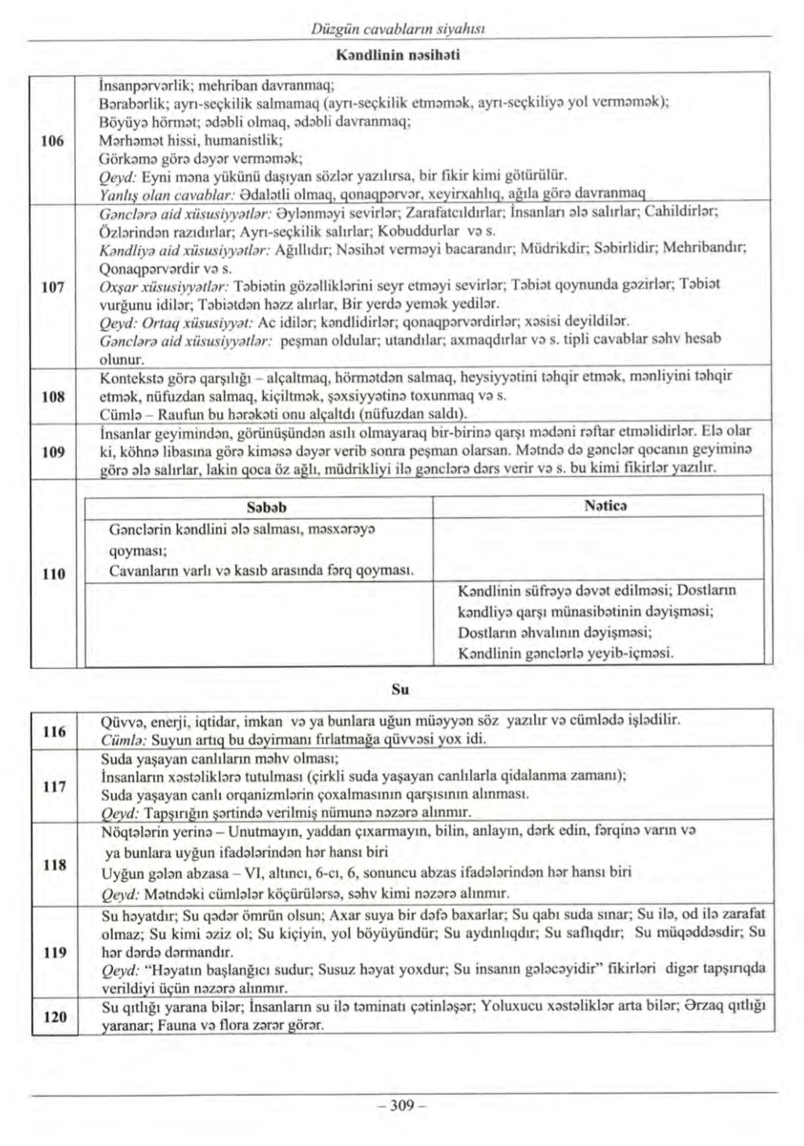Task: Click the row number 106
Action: coord(53,141)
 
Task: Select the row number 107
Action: coord(53,287)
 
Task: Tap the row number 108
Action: coord(53,396)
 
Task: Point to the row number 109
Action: coord(53,452)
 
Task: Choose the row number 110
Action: coord(53,574)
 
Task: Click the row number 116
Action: coord(54,732)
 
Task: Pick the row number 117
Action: coord(54,786)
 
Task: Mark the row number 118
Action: coord(54,865)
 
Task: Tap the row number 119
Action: coord(54,953)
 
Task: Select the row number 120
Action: coord(54,1017)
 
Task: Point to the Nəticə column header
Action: coord(605,506)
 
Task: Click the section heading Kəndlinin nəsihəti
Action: coord(397,55)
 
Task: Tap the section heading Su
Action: coord(400,690)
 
